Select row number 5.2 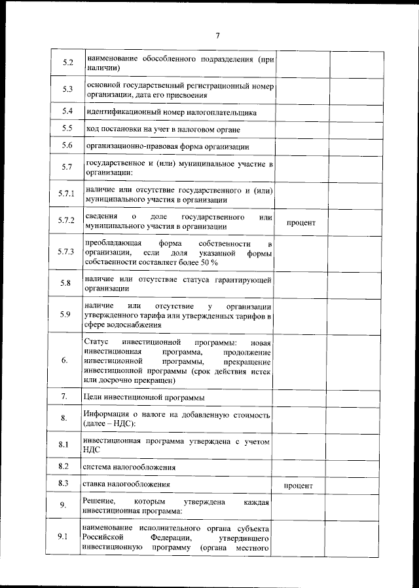[67, 63]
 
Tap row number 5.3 [67, 88]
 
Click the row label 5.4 [67, 112]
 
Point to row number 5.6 [67, 146]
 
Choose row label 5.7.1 [67, 195]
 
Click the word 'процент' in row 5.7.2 [301, 223]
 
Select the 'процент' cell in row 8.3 [301, 486]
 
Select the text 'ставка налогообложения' [128, 485]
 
